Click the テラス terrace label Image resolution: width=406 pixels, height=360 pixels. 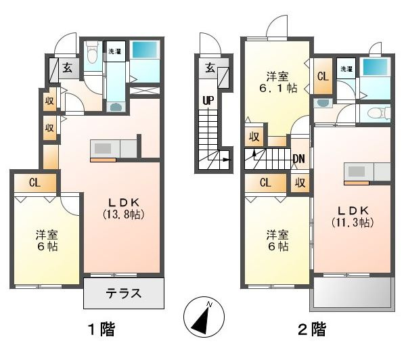point(124,294)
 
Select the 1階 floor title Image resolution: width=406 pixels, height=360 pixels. point(101,329)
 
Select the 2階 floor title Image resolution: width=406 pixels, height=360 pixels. point(312,329)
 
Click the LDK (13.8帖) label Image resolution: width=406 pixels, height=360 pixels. point(124,208)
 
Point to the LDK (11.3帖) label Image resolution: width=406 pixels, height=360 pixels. point(353,217)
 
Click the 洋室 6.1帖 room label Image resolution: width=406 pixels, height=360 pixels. point(278,82)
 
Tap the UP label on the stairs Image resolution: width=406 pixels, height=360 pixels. point(208,101)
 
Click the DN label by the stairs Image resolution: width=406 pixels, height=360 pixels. point(299,159)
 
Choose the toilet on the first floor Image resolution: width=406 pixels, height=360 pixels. point(91,53)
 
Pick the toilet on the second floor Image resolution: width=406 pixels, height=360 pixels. point(378,113)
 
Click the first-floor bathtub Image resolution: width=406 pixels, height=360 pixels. point(145,49)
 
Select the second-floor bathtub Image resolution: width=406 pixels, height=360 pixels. point(375,67)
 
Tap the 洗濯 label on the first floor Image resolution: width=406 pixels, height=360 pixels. point(115,51)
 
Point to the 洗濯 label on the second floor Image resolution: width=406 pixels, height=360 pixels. point(346,69)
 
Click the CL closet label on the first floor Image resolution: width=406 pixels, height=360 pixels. point(35,183)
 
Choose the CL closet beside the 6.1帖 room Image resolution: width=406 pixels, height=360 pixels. point(323,76)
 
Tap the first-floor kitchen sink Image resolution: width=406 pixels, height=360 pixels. point(103,149)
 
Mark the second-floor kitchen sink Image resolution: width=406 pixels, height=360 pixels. point(357,171)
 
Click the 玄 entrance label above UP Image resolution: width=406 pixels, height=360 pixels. point(210,68)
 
